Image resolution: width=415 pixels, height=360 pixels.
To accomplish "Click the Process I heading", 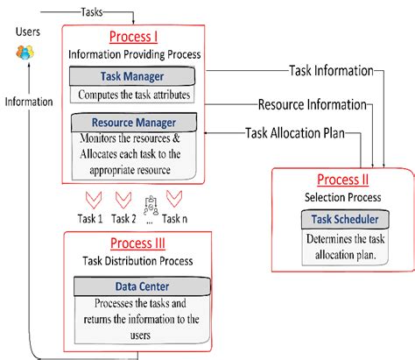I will (135, 38).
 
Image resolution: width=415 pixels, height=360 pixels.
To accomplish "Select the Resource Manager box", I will (136, 123).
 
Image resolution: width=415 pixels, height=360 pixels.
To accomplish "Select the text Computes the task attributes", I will (135, 95).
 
